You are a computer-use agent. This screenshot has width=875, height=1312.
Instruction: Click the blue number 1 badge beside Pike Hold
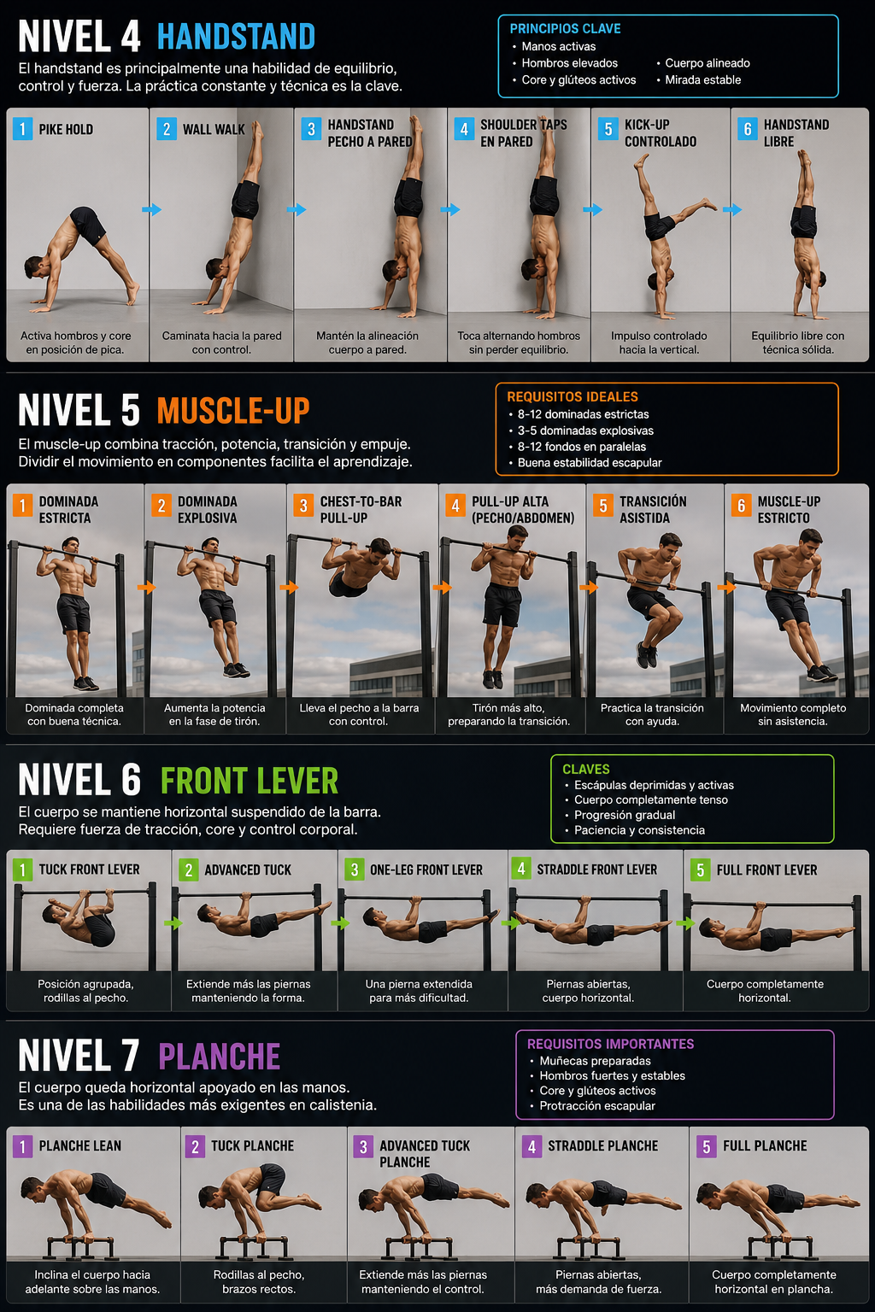pyautogui.click(x=22, y=129)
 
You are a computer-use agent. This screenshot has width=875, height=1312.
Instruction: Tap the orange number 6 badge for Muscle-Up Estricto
pyautogui.click(x=741, y=506)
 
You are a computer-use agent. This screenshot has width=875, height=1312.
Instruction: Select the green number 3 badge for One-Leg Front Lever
pyautogui.click(x=355, y=870)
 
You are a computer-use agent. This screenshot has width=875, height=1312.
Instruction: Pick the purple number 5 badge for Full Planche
pyautogui.click(x=707, y=1146)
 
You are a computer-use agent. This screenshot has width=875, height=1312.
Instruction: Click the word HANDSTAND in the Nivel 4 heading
pyautogui.click(x=236, y=37)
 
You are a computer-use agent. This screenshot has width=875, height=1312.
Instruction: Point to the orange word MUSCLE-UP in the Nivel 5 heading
pyautogui.click(x=233, y=411)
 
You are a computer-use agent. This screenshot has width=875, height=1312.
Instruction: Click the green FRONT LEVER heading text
pyautogui.click(x=249, y=782)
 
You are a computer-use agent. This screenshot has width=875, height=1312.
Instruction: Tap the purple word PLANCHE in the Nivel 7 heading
pyautogui.click(x=220, y=1057)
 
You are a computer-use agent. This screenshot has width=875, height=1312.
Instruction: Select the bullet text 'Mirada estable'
pyautogui.click(x=702, y=79)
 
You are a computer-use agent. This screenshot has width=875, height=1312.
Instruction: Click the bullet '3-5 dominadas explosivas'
pyautogui.click(x=585, y=430)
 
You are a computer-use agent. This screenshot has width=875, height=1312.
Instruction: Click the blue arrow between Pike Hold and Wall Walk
pyautogui.click(x=152, y=209)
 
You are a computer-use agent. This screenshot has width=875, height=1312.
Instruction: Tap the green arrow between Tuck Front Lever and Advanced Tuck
pyautogui.click(x=173, y=923)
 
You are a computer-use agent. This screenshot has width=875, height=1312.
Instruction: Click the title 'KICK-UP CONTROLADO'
pyautogui.click(x=661, y=133)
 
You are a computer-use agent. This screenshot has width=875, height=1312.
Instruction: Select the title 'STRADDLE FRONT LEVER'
pyautogui.click(x=596, y=870)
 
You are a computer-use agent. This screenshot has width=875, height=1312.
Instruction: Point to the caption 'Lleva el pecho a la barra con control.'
pyautogui.click(x=359, y=715)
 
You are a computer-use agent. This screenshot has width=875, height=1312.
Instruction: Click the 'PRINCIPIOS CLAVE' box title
pyautogui.click(x=565, y=29)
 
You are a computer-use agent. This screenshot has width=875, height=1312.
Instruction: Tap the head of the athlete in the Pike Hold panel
pyautogui.click(x=35, y=266)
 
